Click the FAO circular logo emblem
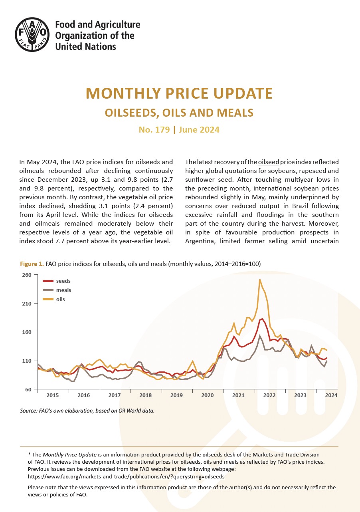pyautogui.click(x=32, y=34)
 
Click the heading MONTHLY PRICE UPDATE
pyautogui.click(x=179, y=93)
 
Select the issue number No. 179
pyautogui.click(x=154, y=130)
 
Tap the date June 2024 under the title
pyautogui.click(x=199, y=130)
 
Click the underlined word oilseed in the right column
pyautogui.click(x=268, y=162)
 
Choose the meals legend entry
pyautogui.click(x=57, y=290)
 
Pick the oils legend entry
pyautogui.click(x=54, y=299)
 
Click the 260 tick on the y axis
pyautogui.click(x=27, y=275)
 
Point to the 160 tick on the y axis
pyautogui.click(x=27, y=332)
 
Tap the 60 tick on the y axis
pyautogui.click(x=28, y=389)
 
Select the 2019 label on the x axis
pyautogui.click(x=176, y=395)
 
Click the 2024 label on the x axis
pyautogui.click(x=331, y=395)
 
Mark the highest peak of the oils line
pyautogui.click(x=260, y=280)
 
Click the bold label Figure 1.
pyautogui.click(x=32, y=264)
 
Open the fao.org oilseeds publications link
pyautogui.click(x=126, y=476)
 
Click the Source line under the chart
pyautogui.click(x=87, y=411)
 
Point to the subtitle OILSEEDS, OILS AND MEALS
pyautogui.click(x=179, y=113)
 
